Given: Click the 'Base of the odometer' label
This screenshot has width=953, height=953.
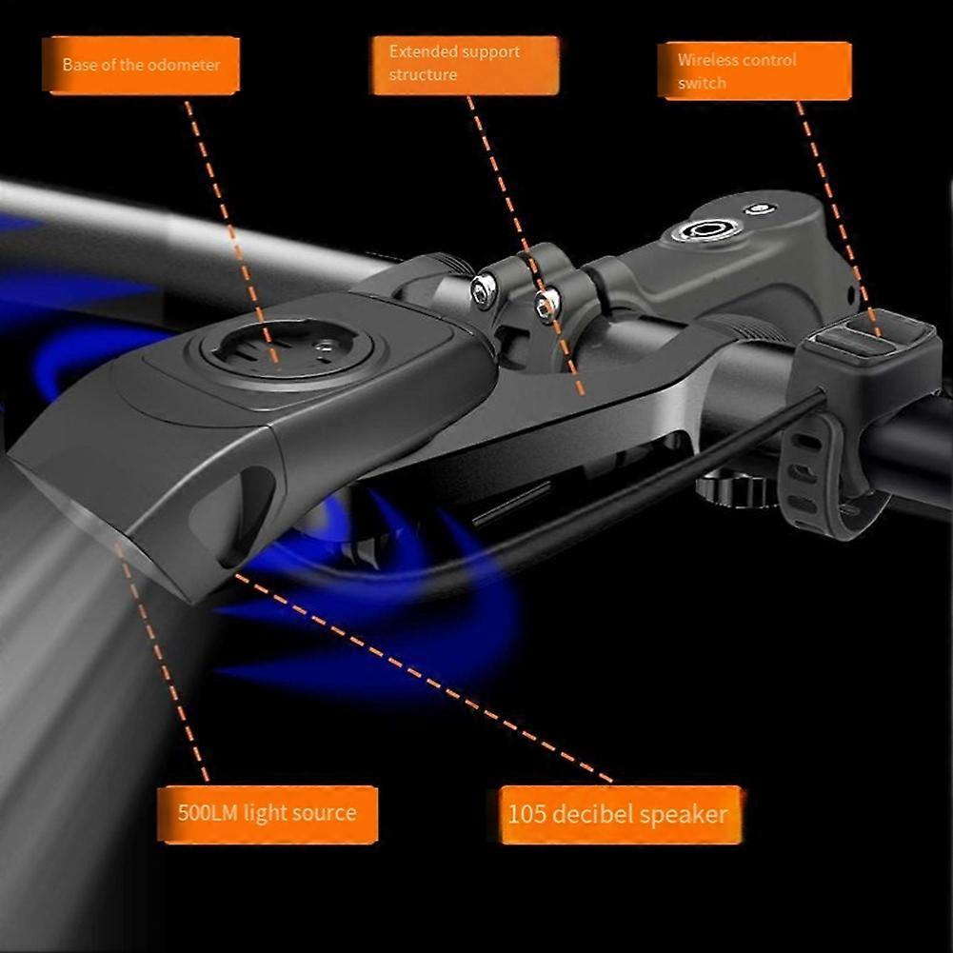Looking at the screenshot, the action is (141, 65).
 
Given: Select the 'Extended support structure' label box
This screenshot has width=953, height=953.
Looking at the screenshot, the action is (465, 65).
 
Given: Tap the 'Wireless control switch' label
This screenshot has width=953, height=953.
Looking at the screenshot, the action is (754, 71).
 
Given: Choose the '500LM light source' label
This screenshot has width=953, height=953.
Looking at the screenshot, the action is (268, 814).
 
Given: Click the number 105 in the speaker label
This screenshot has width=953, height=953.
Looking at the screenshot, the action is (527, 814).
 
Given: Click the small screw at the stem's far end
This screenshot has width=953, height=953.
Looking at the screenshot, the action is (759, 208).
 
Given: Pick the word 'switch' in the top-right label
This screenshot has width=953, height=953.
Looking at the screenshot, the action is (702, 83).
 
